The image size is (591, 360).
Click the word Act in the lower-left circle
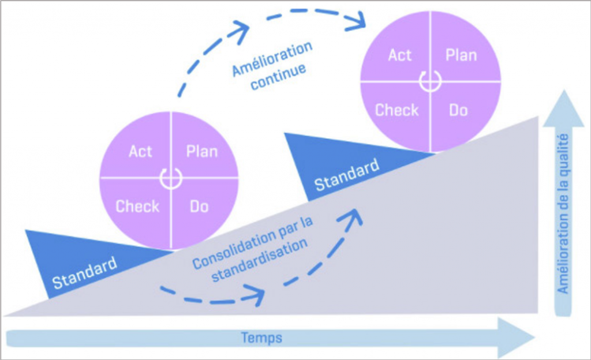pyautogui.click(x=140, y=152)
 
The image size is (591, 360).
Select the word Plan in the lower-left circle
pyautogui.click(x=202, y=152)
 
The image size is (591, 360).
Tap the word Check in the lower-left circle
pyautogui.click(x=137, y=206)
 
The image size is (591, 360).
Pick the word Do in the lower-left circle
pyautogui.click(x=199, y=206)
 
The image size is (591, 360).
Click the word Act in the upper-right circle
pyautogui.click(x=400, y=55)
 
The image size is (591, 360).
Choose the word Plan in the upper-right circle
pyautogui.click(x=461, y=55)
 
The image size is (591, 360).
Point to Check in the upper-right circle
pyautogui.click(x=397, y=110)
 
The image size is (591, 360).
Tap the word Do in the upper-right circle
pyautogui.click(x=458, y=110)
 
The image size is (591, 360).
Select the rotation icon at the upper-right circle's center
pyautogui.click(x=430, y=82)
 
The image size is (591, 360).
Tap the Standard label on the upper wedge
pyautogui.click(x=347, y=175)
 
